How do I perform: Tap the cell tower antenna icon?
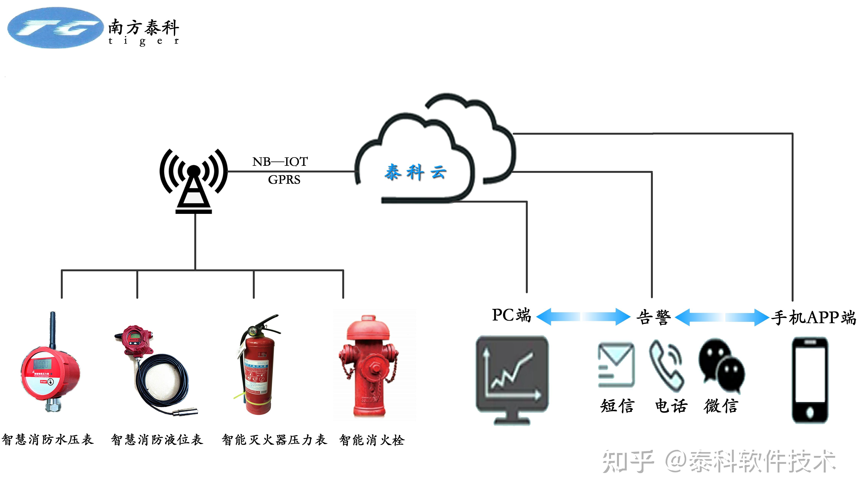click(194, 180)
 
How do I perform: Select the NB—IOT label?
click(280, 161)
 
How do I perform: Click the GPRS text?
click(284, 180)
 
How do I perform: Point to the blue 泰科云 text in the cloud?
click(415, 172)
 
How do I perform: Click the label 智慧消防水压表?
click(48, 440)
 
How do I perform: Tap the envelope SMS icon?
click(616, 365)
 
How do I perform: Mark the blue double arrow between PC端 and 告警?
click(583, 316)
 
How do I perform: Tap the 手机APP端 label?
click(813, 317)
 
